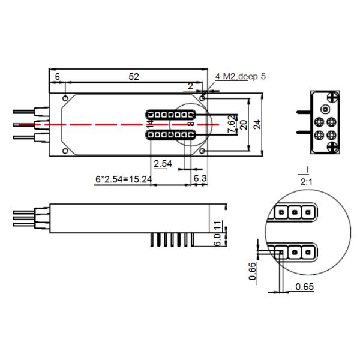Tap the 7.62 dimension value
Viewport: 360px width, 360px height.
click(232, 124)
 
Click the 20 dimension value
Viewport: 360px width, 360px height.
click(243, 124)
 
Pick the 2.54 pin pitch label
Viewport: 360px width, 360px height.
click(163, 163)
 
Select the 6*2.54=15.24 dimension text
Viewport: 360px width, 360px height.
click(124, 179)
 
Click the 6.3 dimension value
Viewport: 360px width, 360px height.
click(199, 179)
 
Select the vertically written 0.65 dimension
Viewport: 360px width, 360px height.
click(253, 272)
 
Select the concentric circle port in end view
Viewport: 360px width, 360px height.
click(324, 110)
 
